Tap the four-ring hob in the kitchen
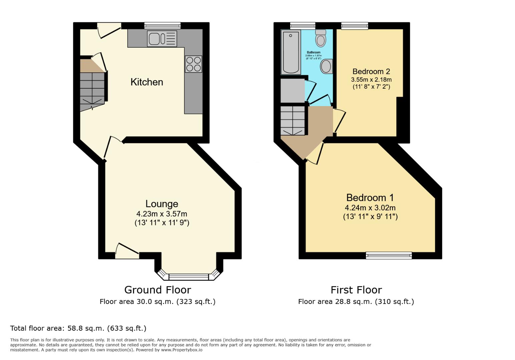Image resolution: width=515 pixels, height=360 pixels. tap(193, 64)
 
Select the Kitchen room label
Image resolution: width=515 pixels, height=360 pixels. tap(147, 82)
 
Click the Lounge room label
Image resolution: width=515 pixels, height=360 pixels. tap(162, 204)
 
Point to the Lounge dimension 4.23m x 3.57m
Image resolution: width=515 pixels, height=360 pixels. tap(162, 214)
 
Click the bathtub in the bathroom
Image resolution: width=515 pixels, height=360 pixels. tap(291, 52)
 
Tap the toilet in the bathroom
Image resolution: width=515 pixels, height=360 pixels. tap(321, 38)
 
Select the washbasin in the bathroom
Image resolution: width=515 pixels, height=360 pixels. tap(326, 66)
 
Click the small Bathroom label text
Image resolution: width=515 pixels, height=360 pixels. tap(314, 52)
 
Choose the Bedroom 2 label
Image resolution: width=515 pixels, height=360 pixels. tap(371, 71)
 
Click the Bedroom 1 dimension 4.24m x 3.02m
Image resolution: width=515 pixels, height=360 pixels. tap(370, 208)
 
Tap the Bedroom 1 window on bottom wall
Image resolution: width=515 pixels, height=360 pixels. tap(389, 255)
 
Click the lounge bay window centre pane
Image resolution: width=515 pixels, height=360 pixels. tap(189, 276)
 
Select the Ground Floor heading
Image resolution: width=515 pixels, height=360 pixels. tap(157, 290)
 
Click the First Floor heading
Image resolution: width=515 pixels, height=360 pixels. tap(356, 290)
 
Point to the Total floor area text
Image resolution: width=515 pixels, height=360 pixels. tap(78, 328)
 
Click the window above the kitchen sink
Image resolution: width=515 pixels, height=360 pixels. tap(162, 26)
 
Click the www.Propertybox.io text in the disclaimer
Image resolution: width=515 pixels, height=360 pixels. tap(182, 350)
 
